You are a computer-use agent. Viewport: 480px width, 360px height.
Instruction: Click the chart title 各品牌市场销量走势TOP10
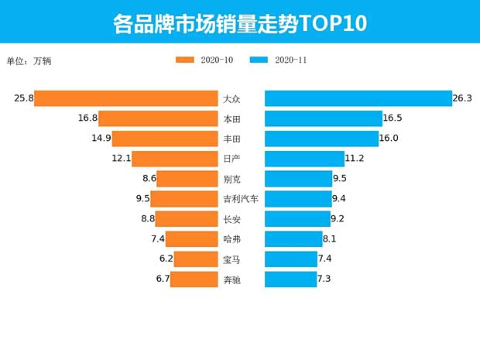239,23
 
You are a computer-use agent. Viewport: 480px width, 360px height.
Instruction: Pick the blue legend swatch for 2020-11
259,60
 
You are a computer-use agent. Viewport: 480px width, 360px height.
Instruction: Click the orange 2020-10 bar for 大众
125,98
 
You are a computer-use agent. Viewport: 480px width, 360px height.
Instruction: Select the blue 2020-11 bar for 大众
358,98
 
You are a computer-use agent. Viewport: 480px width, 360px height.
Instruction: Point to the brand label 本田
231,119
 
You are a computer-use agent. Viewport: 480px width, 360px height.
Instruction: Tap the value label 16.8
87,118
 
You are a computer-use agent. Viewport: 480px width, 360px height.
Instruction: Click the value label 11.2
355,159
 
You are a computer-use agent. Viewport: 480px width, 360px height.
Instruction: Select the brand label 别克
231,179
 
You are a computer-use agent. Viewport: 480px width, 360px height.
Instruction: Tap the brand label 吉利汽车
240,199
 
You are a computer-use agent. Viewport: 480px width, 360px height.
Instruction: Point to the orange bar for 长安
187,219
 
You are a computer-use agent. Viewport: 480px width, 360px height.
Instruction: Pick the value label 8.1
332,239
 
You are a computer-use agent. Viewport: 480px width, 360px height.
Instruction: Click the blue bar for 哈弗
293,239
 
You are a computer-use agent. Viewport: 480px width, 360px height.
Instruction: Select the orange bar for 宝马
196,259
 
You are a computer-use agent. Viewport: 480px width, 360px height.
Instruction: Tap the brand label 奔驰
231,279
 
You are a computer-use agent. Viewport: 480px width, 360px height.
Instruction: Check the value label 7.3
326,279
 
